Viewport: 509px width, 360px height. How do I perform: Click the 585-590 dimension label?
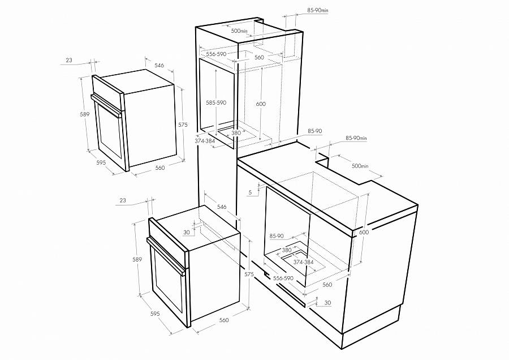pos(216,102)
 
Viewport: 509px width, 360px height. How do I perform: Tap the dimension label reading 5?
pos(250,192)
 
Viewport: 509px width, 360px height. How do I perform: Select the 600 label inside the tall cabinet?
pos(261,104)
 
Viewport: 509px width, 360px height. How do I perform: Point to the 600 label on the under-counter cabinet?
pos(364,232)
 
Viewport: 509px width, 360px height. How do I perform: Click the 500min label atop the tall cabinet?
pos(239,31)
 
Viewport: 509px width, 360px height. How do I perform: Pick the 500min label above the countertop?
pos(360,166)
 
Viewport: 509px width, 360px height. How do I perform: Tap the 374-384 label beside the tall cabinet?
pos(205,141)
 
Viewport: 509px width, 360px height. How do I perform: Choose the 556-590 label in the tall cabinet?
pos(216,54)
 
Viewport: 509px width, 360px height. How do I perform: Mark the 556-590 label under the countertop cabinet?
pos(283,278)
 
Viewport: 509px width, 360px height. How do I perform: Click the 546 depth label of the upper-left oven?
pos(159,65)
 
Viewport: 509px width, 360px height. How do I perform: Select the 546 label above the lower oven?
pos(222,207)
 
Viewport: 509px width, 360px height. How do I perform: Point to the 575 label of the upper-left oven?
pos(183,125)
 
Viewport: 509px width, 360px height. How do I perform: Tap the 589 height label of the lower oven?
pos(137,259)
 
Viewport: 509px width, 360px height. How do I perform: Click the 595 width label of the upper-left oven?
pos(101,162)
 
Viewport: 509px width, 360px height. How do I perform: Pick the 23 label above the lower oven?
pos(123,200)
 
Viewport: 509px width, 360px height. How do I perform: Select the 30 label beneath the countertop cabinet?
pos(328,303)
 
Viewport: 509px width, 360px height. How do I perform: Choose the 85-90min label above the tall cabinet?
pos(318,10)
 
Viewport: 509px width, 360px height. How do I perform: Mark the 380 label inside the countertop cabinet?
pos(287,250)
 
